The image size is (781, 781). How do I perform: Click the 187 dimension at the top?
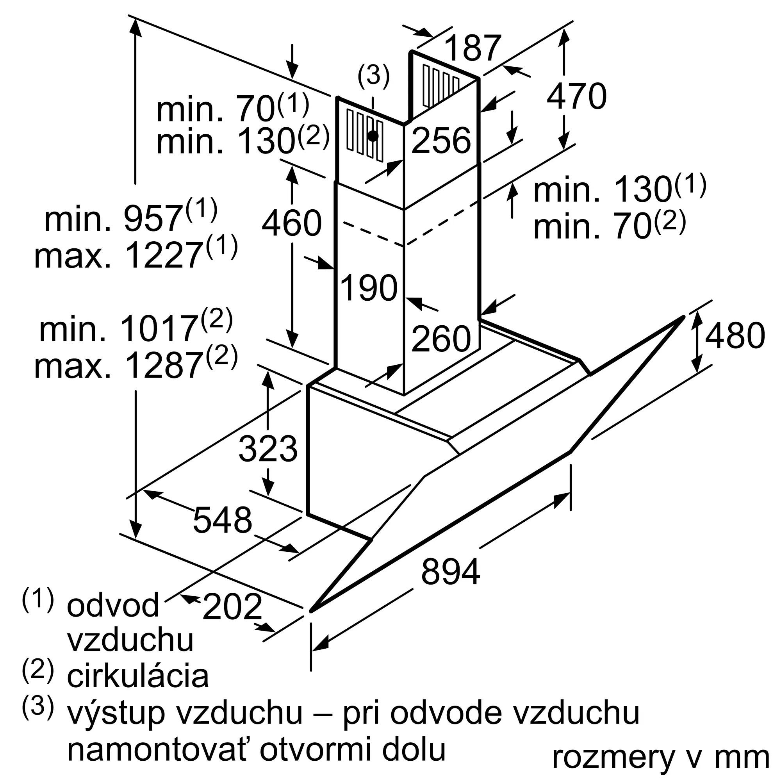click(x=473, y=48)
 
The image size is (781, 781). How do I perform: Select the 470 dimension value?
click(x=576, y=96)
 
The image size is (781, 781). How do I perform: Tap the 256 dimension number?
click(x=441, y=140)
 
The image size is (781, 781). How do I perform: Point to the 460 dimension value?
click(x=291, y=223)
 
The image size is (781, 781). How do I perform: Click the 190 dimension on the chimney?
click(x=369, y=287)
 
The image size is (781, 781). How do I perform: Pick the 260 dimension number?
click(x=441, y=338)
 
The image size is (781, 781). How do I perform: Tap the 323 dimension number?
click(x=268, y=449)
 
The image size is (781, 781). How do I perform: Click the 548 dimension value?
click(x=222, y=520)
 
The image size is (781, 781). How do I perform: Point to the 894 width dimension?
click(x=450, y=572)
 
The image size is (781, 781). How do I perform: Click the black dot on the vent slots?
click(x=373, y=136)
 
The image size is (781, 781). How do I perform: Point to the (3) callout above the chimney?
click(x=374, y=76)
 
